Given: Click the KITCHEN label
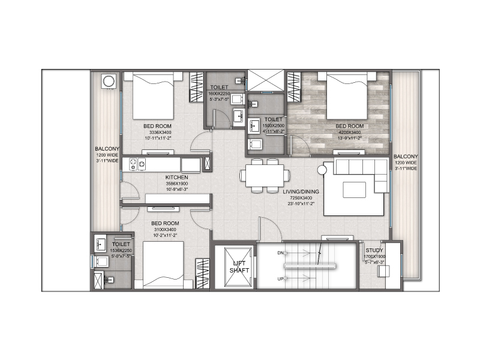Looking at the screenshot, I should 177,178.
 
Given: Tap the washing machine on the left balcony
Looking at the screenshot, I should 109,81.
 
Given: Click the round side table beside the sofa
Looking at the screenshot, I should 322,170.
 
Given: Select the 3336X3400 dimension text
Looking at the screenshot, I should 158,132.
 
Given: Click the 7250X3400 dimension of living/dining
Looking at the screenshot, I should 302,197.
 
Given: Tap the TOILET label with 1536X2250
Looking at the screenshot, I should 121,244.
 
